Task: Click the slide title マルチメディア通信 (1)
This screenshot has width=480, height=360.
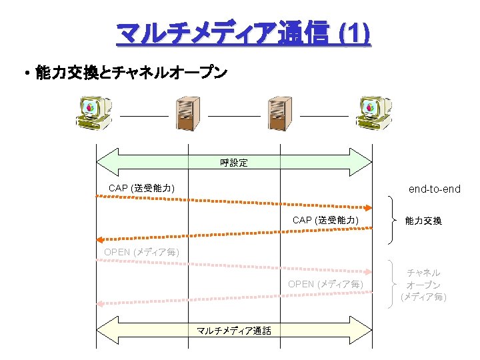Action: (243, 33)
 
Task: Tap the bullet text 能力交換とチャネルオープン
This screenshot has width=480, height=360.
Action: (131, 72)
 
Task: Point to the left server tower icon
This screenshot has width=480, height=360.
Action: (187, 114)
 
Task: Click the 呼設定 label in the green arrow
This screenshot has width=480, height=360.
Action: (234, 163)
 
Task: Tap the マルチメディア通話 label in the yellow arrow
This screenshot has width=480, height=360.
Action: (234, 331)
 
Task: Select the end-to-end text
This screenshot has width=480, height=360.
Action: (434, 189)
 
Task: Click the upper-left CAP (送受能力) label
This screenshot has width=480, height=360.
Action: (142, 189)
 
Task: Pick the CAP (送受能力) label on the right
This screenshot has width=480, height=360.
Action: (325, 220)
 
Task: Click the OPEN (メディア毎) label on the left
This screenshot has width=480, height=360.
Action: (142, 252)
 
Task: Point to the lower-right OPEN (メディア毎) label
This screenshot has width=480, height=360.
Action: (325, 284)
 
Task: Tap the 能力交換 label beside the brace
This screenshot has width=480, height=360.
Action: (423, 221)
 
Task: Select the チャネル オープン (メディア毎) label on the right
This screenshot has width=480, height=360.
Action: (423, 285)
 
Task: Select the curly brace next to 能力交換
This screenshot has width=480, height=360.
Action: (392, 220)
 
